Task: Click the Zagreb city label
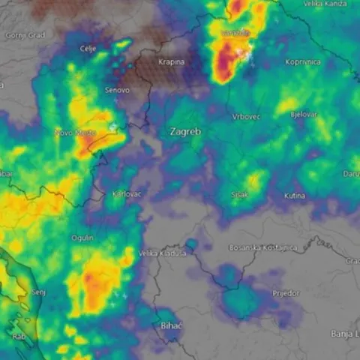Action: [185, 131]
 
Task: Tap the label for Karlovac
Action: [126, 193]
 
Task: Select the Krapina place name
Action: [172, 62]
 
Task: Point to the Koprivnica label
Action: [303, 62]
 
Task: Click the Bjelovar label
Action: [303, 114]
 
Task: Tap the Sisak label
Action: [239, 194]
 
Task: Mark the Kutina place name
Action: [294, 196]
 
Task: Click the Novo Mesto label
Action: [73, 133]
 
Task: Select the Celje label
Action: [88, 49]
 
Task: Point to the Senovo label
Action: [116, 90]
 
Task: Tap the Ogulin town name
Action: [82, 238]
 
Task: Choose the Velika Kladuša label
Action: [163, 253]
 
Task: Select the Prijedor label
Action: [286, 292]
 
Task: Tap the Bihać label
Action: [171, 325]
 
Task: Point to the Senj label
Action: [39, 292]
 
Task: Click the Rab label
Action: [19, 337]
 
